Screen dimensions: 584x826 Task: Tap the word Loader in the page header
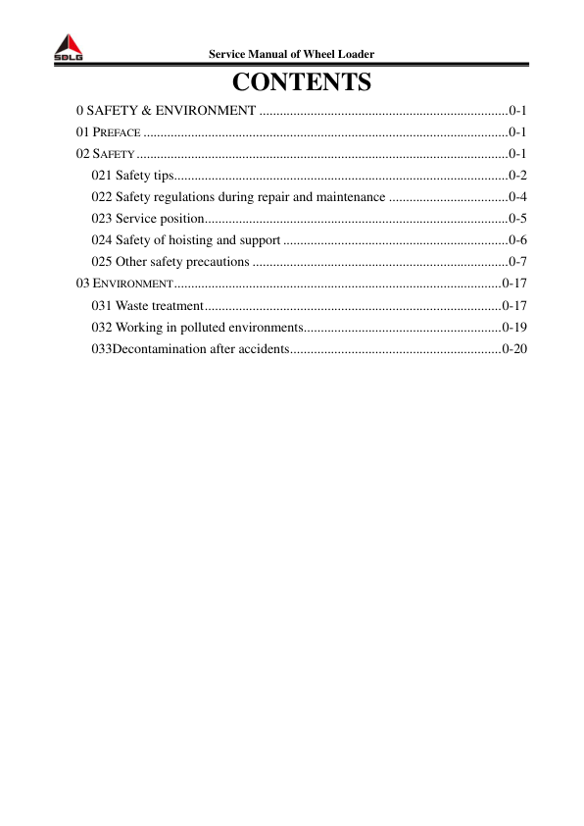click(353, 53)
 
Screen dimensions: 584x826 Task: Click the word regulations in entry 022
click(185, 197)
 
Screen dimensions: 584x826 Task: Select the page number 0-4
click(518, 197)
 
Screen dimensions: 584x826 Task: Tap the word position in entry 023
click(180, 219)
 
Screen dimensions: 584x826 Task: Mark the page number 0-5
click(518, 219)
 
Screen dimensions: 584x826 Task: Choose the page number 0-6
click(518, 240)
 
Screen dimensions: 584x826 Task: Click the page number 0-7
click(518, 262)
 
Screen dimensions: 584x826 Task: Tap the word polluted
click(197, 327)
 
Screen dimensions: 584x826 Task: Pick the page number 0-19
click(515, 327)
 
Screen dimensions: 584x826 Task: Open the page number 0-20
click(515, 348)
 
